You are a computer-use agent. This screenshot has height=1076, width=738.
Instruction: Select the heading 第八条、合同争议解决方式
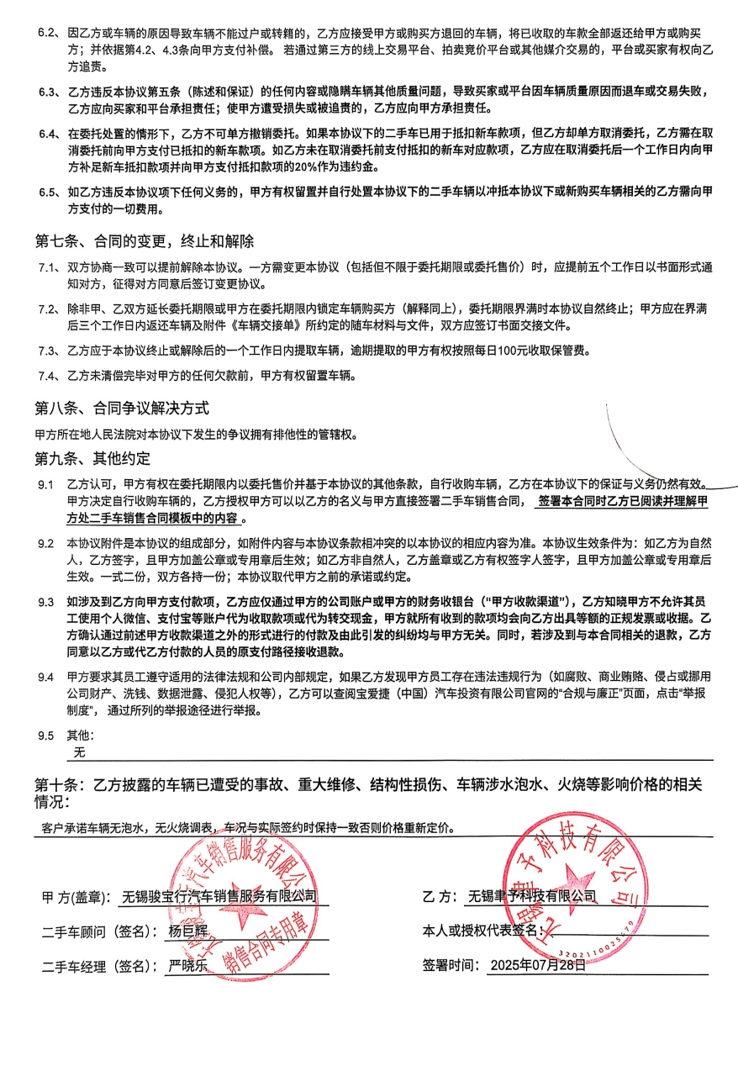tap(121, 409)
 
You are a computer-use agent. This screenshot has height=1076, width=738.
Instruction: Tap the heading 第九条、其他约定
tap(92, 458)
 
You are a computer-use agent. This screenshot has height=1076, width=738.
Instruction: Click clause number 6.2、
tap(48, 34)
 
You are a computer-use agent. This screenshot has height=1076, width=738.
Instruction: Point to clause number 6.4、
tap(48, 133)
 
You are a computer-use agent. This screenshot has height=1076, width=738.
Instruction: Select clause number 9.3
tap(45, 602)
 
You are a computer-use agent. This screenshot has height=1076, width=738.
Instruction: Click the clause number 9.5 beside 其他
tap(45, 736)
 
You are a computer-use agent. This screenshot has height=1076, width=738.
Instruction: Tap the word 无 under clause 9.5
tap(80, 752)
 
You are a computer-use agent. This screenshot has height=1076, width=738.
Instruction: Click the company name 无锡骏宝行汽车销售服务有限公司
tap(219, 896)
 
